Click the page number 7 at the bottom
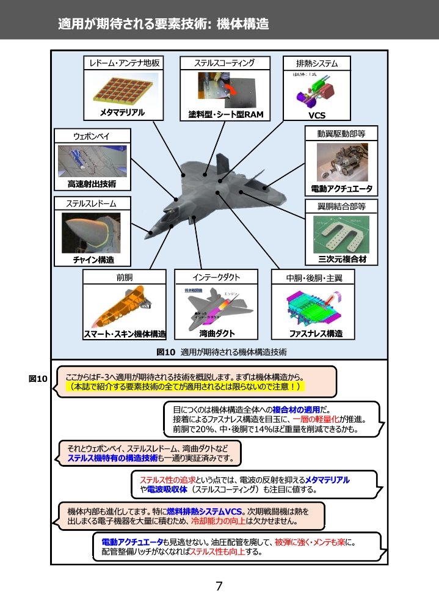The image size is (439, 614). [219, 587]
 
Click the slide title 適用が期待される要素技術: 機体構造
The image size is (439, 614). [163, 24]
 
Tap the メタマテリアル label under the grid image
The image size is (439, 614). [123, 112]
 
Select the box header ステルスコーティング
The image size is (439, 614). [224, 63]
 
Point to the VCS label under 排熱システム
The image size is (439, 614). [317, 115]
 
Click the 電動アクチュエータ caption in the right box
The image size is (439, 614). [341, 188]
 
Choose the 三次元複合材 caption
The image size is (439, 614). [341, 259]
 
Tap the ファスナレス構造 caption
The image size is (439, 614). [316, 334]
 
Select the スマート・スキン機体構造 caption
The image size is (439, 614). [125, 334]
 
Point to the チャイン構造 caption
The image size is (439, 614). [93, 260]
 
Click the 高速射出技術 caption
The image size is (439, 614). [92, 183]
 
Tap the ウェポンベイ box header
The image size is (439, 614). [92, 136]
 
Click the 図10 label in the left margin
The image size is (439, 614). [38, 379]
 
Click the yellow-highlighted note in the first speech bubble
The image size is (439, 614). [186, 387]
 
